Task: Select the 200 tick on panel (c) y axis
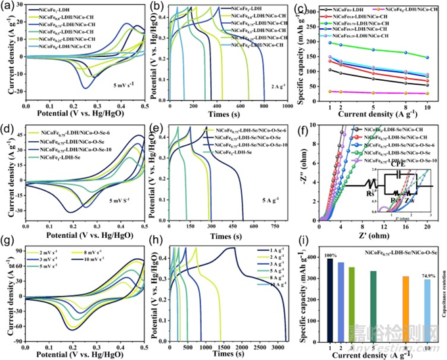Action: tap(315, 43)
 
